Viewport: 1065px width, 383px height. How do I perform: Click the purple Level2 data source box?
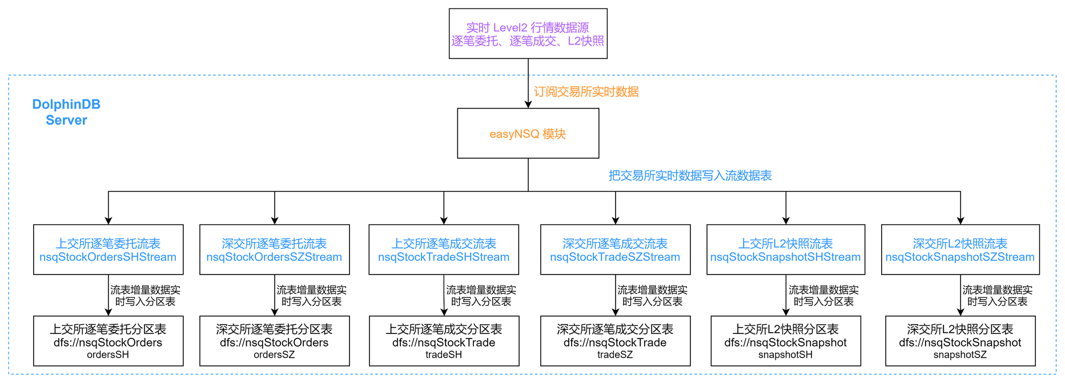(x=528, y=34)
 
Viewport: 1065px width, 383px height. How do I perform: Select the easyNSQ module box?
(x=528, y=134)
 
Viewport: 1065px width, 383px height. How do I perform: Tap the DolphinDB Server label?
(x=66, y=112)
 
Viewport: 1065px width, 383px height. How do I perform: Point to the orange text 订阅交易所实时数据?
(x=586, y=92)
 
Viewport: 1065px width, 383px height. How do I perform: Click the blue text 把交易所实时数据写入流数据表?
(x=690, y=176)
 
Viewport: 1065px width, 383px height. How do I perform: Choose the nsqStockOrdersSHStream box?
(x=108, y=250)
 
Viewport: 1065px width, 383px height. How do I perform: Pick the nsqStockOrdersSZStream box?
(x=274, y=250)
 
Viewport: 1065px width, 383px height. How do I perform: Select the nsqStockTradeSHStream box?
(x=444, y=250)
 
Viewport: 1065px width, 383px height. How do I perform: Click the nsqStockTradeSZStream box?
(x=615, y=250)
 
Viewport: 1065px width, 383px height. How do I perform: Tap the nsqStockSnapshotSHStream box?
(x=785, y=250)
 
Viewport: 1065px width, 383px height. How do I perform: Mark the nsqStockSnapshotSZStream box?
(x=960, y=250)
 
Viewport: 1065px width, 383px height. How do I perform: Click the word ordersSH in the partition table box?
(x=108, y=355)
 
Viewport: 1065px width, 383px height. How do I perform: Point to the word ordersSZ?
(x=274, y=355)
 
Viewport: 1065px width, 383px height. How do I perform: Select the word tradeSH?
(x=444, y=355)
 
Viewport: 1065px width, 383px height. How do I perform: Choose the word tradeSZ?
(x=615, y=355)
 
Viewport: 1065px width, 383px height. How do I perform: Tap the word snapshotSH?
(x=785, y=355)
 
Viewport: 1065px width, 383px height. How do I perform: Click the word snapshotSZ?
(x=960, y=355)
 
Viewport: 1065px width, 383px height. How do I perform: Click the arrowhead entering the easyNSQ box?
(x=528, y=104)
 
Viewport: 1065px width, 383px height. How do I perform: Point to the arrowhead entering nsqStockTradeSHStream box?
(x=444, y=220)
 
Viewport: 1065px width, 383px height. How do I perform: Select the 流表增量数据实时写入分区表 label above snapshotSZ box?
(x=997, y=296)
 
